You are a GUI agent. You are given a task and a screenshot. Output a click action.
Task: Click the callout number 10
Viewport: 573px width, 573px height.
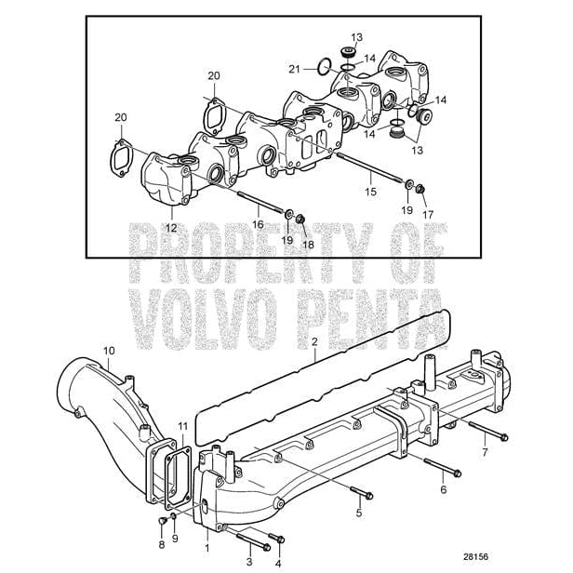(x=109, y=351)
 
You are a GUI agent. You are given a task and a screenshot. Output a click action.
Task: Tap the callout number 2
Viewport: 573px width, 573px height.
(x=314, y=341)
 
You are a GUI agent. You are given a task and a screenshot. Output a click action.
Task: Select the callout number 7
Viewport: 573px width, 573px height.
(x=484, y=452)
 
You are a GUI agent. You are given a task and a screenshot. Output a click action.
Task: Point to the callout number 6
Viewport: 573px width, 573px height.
(x=443, y=488)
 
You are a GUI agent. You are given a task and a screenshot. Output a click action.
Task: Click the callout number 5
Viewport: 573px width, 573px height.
(x=359, y=513)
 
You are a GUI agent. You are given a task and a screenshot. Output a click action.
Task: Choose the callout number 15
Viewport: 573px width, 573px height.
(x=371, y=192)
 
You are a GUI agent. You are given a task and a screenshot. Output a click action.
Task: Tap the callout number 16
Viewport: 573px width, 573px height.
(x=257, y=224)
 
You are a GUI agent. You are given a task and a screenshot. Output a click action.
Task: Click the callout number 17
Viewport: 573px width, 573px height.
(x=429, y=214)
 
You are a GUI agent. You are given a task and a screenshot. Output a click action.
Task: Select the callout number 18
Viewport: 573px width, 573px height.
(x=308, y=245)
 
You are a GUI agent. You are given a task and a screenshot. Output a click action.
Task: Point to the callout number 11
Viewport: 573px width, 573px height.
(x=183, y=426)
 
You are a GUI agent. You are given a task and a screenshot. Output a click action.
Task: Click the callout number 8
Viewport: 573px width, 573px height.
(x=161, y=545)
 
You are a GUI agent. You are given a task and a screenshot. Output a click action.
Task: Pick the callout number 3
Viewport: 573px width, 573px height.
(x=248, y=561)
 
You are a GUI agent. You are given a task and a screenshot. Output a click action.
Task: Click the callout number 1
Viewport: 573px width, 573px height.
(x=207, y=547)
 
